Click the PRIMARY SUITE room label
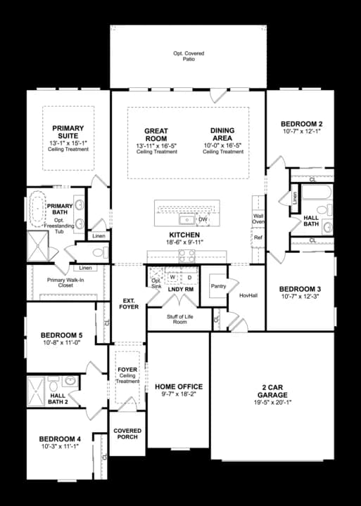tap(68, 132)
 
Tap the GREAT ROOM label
tap(155, 134)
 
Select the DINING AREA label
tap(222, 134)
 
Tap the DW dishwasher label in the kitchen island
tap(203, 219)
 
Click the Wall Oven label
tap(258, 219)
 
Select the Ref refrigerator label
tap(258, 238)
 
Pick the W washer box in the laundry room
tap(172, 278)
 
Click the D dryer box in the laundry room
tap(189, 278)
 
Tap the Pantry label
tap(218, 285)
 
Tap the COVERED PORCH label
tap(127, 434)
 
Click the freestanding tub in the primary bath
tap(37, 209)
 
